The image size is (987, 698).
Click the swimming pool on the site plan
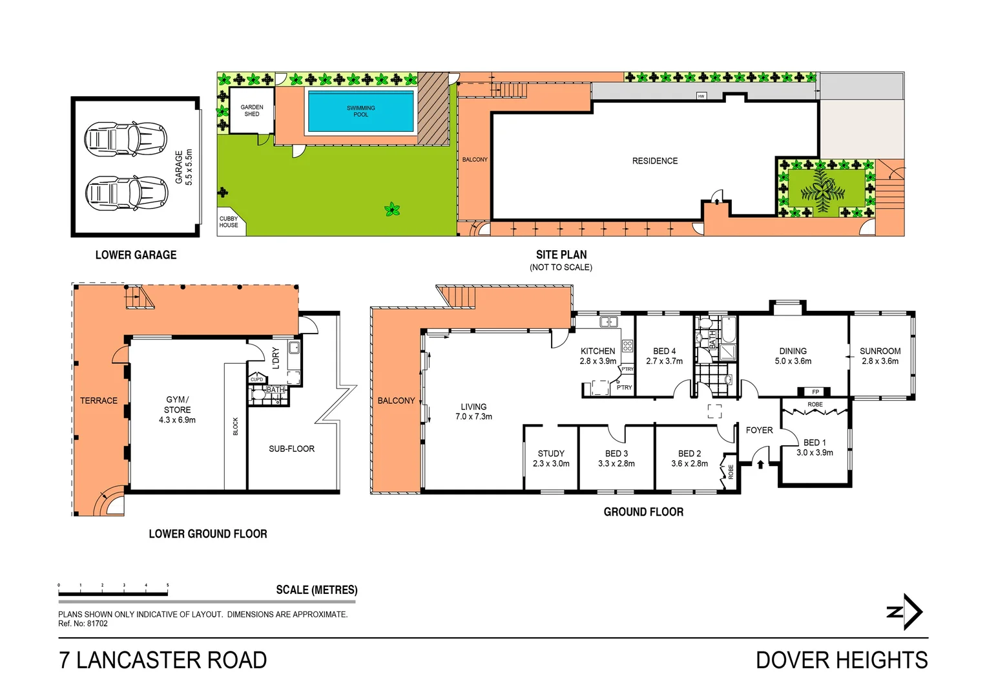tap(360, 111)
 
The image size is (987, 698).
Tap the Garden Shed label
tap(252, 111)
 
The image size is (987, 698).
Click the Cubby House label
tap(229, 222)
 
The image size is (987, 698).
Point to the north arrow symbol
tap(906, 611)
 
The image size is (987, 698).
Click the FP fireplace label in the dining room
tap(815, 392)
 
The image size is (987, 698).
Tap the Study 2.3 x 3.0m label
tap(551, 458)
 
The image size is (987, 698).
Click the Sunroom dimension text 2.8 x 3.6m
tap(880, 361)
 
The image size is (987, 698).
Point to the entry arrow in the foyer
tap(760, 463)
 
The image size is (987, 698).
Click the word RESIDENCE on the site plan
tap(655, 161)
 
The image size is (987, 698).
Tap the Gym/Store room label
tap(177, 410)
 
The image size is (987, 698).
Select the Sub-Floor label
tap(291, 449)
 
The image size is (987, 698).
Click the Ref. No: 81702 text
tap(83, 624)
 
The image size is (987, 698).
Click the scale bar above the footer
tap(113, 589)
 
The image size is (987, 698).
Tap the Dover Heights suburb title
tap(841, 661)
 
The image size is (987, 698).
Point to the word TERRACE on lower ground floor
tap(99, 401)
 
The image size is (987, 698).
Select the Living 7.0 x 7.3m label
tap(473, 412)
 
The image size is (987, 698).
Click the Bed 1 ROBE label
tap(815, 405)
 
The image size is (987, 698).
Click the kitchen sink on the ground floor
tap(608, 321)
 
